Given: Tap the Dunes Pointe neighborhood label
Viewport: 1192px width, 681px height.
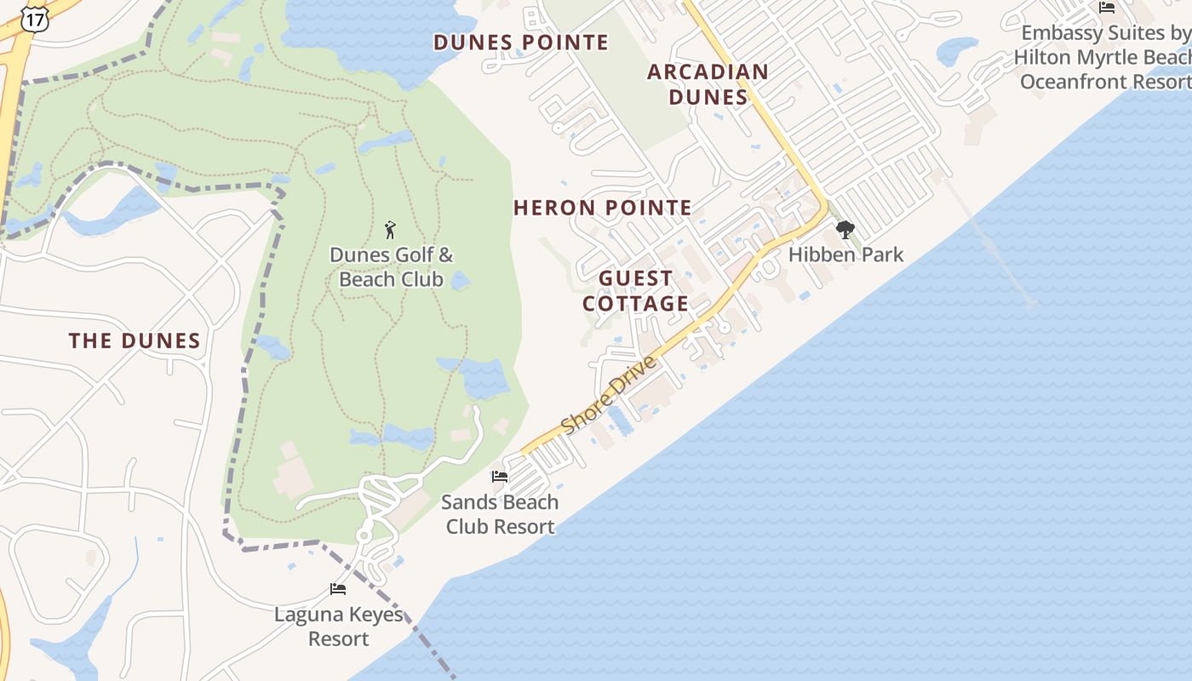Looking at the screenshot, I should click(521, 43).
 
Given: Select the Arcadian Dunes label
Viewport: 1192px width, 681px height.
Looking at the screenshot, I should click(708, 84).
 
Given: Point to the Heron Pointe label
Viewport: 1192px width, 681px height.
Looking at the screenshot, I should click(603, 208).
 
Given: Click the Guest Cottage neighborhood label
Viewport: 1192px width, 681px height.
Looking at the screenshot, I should click(636, 291).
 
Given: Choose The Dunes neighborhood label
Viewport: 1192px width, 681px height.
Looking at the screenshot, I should click(135, 341).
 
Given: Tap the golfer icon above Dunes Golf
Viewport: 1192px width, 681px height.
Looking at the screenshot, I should click(391, 229).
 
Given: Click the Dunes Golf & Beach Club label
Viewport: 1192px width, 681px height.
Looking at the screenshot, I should click(392, 266).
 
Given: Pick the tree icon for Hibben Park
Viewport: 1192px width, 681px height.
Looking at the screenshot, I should click(845, 229).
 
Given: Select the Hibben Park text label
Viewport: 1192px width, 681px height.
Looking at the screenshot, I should click(845, 255).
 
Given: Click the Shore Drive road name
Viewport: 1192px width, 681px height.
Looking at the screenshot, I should click(610, 394).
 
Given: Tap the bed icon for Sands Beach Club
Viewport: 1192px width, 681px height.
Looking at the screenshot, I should click(500, 477).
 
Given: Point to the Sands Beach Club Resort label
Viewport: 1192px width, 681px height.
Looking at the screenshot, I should click(500, 514).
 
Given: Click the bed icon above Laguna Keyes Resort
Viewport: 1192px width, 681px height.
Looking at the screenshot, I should click(338, 589).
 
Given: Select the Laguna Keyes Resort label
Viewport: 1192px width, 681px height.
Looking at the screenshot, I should click(338, 626).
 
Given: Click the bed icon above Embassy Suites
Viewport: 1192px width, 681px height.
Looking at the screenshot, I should click(1107, 8).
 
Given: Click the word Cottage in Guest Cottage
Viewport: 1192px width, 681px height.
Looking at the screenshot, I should click(636, 304).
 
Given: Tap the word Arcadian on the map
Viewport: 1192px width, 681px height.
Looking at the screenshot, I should click(708, 72).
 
